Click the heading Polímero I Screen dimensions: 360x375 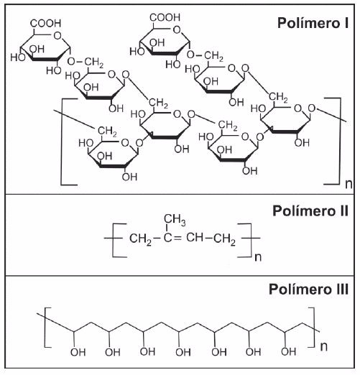[313, 23]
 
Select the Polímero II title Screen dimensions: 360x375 [310, 211]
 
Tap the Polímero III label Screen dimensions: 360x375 [308, 289]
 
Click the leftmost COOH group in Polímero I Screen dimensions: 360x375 [46, 23]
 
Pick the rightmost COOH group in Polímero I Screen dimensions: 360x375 [165, 17]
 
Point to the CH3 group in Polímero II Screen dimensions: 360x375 [175, 220]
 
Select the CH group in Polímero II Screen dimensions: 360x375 [195, 238]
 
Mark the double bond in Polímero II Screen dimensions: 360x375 [178, 238]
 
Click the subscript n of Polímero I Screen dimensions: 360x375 [349, 185]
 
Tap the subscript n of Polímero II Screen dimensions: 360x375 [258, 257]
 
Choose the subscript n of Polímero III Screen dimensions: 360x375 [324, 347]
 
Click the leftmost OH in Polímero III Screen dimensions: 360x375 [78, 353]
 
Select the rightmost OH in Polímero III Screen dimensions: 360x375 [289, 352]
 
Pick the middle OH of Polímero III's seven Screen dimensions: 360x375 [183, 352]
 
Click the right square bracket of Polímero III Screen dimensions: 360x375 [313, 327]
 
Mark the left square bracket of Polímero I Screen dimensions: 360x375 [62, 142]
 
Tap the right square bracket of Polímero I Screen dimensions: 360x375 [340, 141]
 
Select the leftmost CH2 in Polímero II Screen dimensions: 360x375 [141, 239]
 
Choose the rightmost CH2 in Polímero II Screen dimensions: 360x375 [225, 239]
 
